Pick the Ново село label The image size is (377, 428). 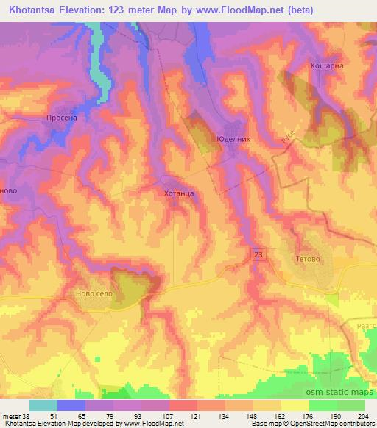click(x=94, y=293)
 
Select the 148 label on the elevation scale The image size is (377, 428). click(x=250, y=415)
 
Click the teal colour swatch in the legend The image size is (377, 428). click(x=43, y=405)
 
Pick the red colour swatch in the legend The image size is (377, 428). click(x=183, y=405)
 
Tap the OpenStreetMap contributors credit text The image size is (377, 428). click(x=339, y=424)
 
